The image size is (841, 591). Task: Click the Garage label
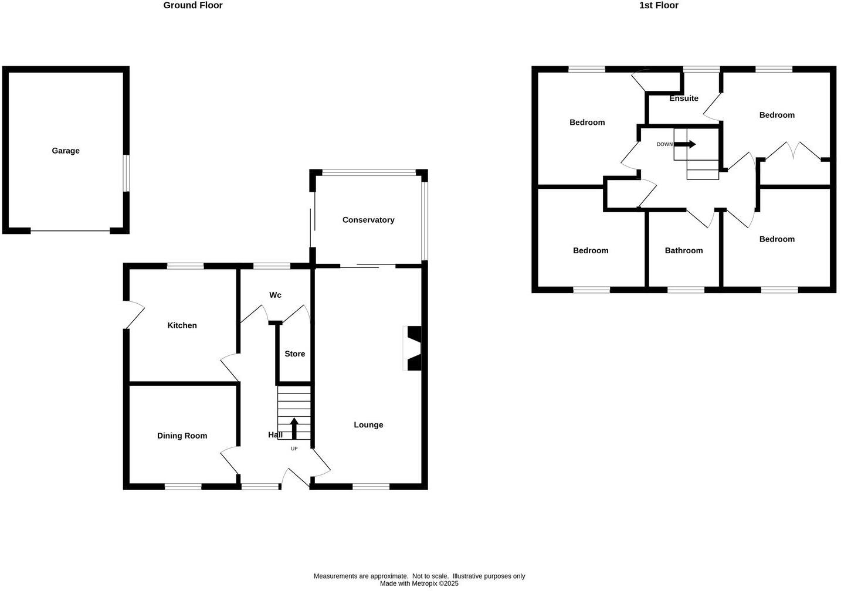pos(66,151)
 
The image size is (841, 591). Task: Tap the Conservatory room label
pos(368,220)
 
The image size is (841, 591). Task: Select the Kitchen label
pos(182,325)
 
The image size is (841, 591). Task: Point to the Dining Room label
pos(182,436)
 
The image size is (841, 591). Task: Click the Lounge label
pos(368,424)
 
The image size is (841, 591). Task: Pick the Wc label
pos(275,295)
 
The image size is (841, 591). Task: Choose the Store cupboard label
pos(295,354)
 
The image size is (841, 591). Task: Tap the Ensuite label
pos(684,98)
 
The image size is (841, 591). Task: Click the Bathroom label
pos(684,250)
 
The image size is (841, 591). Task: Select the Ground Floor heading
pos(193,5)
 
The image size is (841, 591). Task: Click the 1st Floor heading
pos(659,5)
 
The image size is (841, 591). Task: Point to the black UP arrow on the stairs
pos(294,429)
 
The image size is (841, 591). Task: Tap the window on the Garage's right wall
pos(126,173)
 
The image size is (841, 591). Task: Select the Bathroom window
pos(686,289)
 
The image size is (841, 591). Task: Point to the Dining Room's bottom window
pos(183,485)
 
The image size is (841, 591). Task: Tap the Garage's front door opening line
pos(70,231)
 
